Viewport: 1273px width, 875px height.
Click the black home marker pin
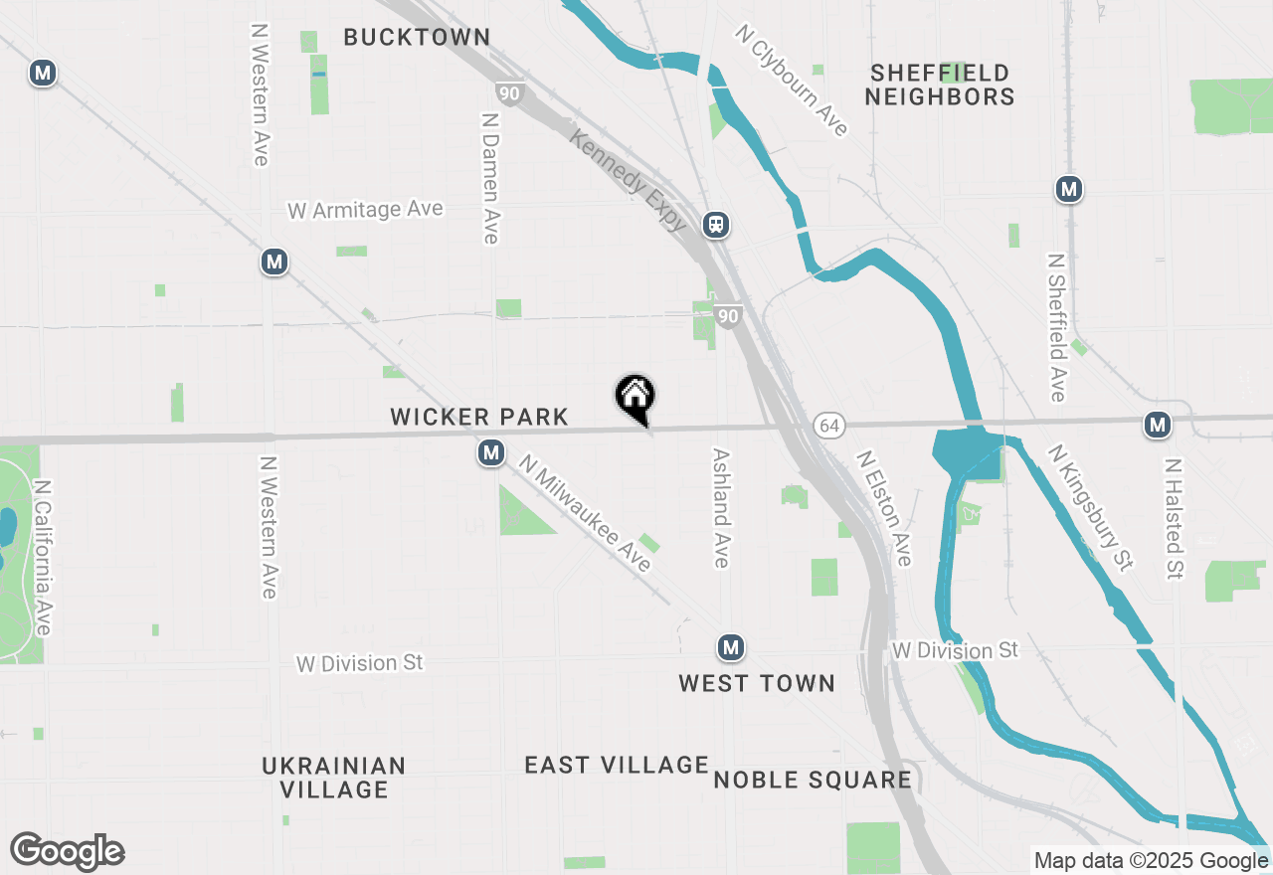[635, 397]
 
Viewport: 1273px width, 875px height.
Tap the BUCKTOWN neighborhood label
[417, 38]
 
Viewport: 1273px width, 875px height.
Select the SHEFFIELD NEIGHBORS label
[940, 85]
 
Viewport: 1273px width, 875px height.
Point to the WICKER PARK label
[479, 418]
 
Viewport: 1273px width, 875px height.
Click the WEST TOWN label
[757, 683]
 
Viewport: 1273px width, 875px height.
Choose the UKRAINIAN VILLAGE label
[334, 778]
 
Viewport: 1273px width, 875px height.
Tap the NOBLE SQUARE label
[813, 780]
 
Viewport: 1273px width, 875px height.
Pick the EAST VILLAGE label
[617, 765]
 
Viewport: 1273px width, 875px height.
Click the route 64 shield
[829, 426]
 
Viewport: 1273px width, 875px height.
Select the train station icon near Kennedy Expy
[716, 225]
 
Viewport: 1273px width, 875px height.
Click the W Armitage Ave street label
[365, 211]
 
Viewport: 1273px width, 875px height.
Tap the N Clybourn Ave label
[793, 81]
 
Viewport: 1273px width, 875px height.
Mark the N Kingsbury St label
[1091, 507]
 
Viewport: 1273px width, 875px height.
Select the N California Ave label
[42, 558]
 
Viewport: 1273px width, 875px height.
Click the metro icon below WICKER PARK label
[489, 453]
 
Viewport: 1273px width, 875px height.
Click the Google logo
[67, 852]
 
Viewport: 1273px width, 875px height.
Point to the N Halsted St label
[1175, 518]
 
